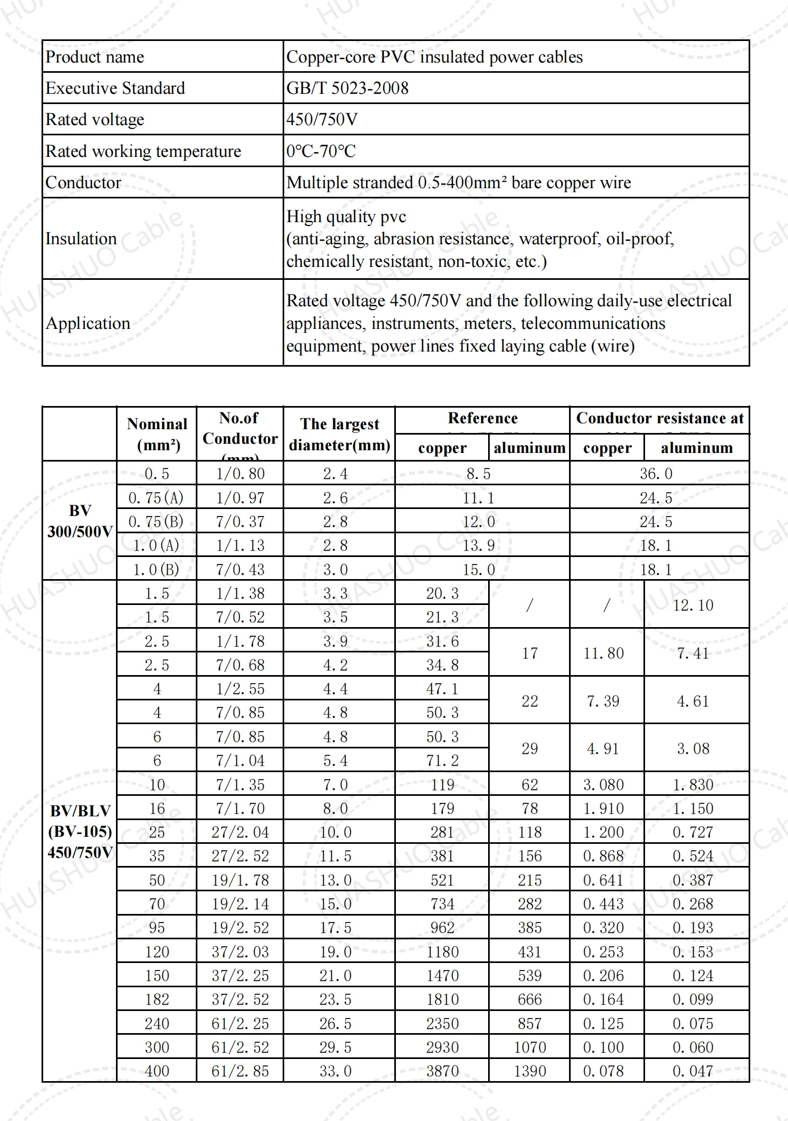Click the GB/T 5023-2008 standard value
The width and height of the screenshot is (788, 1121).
347,88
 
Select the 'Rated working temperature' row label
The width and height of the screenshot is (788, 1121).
143,151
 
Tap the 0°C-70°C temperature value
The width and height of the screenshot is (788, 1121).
321,151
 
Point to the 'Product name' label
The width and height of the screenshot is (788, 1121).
94,57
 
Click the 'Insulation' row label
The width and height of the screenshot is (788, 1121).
81,238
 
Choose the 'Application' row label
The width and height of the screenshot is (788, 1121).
88,323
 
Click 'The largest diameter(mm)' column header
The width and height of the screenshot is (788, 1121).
339,434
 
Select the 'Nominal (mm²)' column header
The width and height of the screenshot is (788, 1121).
157,434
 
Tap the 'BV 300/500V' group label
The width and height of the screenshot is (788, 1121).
80,521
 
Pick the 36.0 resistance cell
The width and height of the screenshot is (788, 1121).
656,473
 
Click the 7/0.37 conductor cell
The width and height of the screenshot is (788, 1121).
240,521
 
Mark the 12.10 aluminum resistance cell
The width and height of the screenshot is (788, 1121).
693,605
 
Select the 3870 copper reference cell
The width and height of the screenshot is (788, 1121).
442,1071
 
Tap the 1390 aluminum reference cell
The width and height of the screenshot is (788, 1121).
530,1071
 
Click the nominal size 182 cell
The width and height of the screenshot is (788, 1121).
157,999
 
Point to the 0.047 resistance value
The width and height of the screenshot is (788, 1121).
693,1071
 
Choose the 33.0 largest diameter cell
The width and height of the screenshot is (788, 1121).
335,1071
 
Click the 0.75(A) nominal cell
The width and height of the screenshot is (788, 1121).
156,498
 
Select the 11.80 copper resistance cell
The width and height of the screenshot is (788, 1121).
604,653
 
